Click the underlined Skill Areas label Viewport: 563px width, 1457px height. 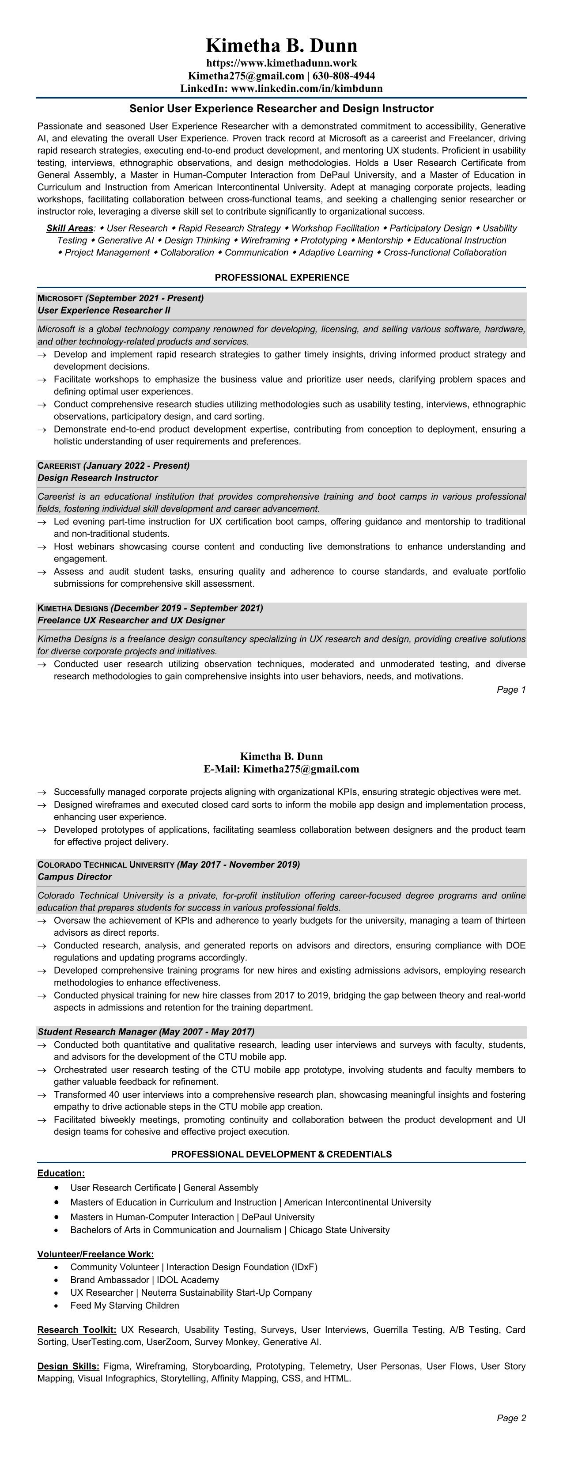(x=69, y=228)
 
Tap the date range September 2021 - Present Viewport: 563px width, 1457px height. (x=144, y=298)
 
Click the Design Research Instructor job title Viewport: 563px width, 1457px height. (x=98, y=478)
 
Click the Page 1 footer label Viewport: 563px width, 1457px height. (x=511, y=690)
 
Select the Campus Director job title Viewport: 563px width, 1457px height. (x=75, y=876)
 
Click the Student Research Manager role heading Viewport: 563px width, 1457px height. (x=146, y=1032)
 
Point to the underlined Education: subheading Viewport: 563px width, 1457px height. (x=61, y=1173)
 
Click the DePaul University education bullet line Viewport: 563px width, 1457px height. (x=192, y=1217)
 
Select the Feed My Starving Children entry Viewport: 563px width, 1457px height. (x=125, y=1305)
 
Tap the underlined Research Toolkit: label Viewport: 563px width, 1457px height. (x=77, y=1330)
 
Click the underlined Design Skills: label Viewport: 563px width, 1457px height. (x=68, y=1366)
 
